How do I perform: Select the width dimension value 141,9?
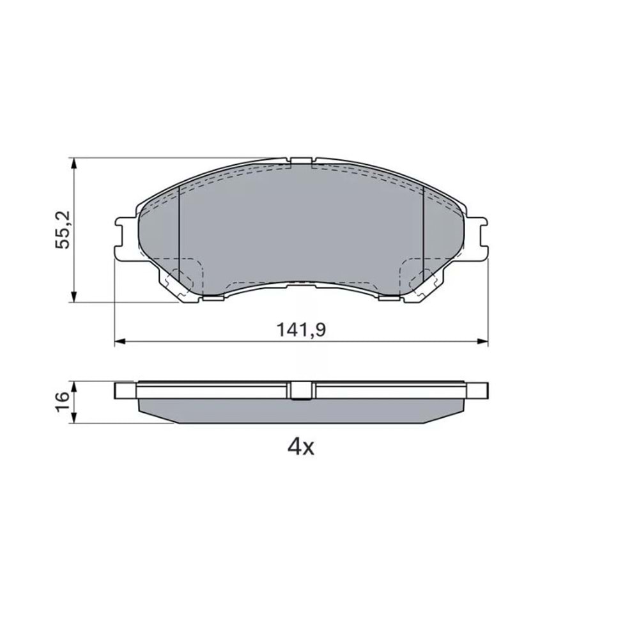click(x=302, y=330)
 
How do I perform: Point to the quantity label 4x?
click(x=302, y=447)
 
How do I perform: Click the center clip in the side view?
click(x=302, y=390)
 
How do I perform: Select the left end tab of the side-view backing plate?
click(x=125, y=390)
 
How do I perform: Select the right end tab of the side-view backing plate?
click(x=477, y=390)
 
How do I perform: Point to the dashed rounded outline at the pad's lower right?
click(x=419, y=275)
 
